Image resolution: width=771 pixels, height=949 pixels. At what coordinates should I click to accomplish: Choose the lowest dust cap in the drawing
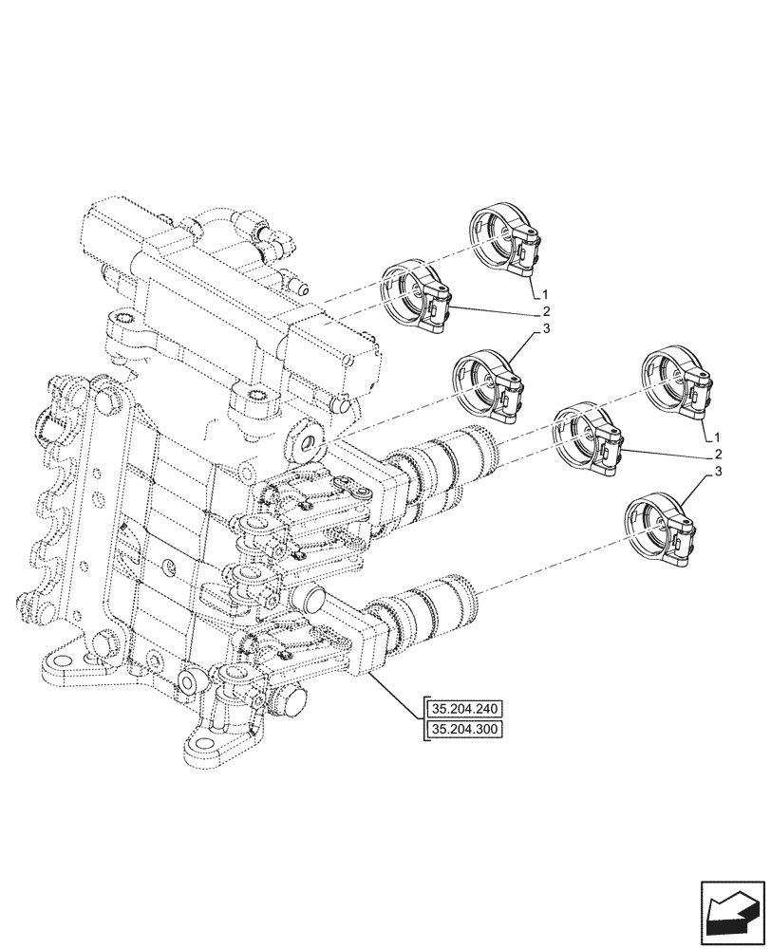tap(658, 532)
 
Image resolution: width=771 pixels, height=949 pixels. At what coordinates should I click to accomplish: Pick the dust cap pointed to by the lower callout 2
tap(589, 437)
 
